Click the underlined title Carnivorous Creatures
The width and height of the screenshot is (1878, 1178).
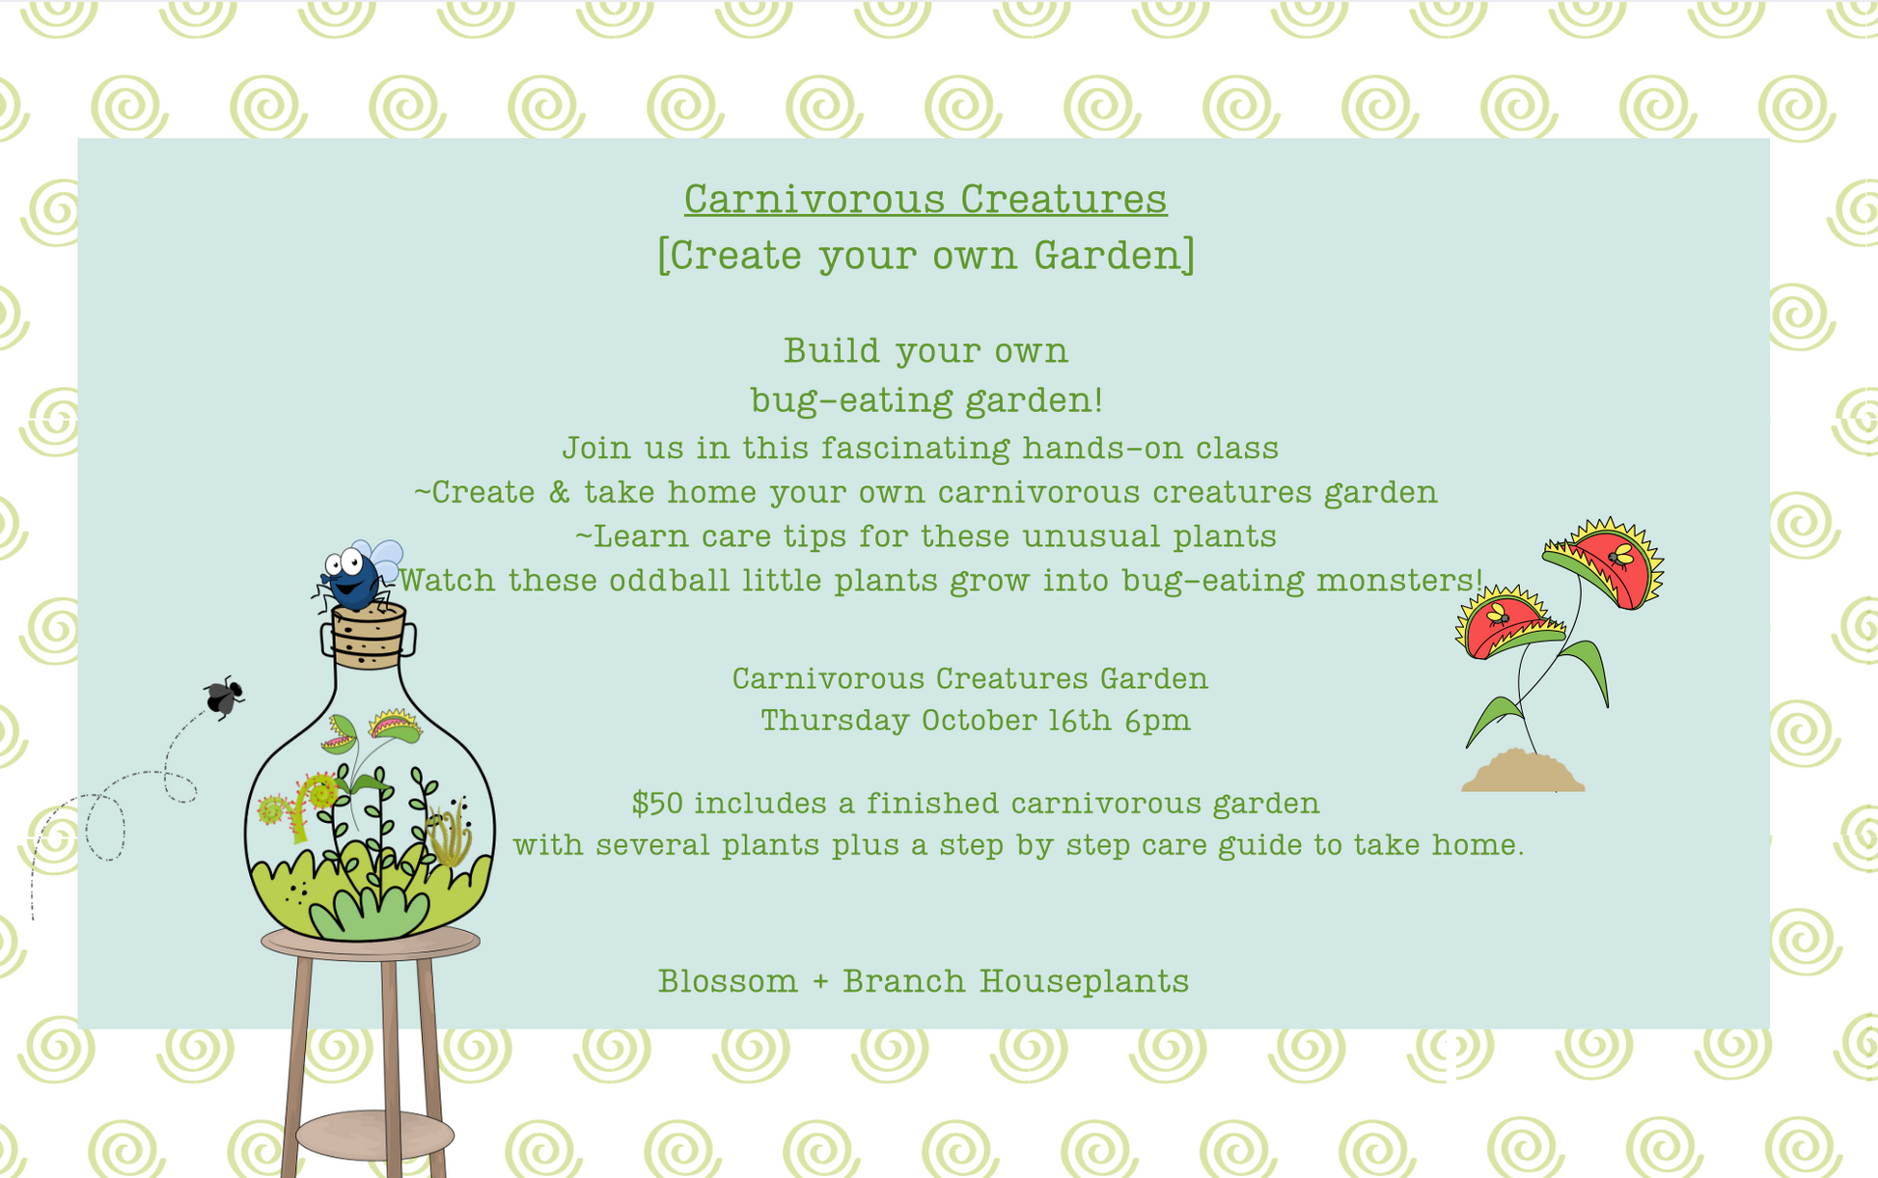point(925,199)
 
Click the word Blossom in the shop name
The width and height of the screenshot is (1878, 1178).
point(728,981)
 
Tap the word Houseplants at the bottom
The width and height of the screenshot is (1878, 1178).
point(1084,981)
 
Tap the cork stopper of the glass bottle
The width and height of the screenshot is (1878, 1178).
point(368,637)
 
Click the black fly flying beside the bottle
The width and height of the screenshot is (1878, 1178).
point(224,697)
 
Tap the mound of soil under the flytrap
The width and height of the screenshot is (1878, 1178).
point(1523,772)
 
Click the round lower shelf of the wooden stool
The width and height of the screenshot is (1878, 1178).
point(374,1135)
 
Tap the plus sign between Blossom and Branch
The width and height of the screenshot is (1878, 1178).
point(820,982)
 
